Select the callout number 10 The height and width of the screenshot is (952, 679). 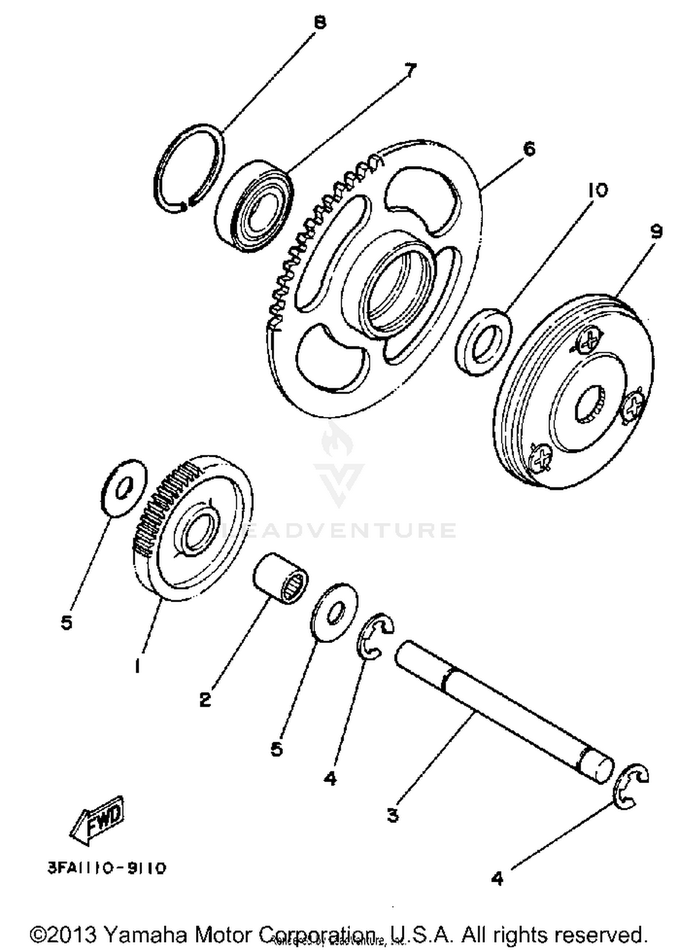click(598, 191)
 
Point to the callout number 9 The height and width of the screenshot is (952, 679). click(656, 232)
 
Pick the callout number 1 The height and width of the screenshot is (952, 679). click(137, 666)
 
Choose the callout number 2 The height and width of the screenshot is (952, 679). click(205, 700)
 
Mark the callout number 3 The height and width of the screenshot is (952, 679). click(393, 815)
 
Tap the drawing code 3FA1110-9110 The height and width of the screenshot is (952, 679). click(107, 868)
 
